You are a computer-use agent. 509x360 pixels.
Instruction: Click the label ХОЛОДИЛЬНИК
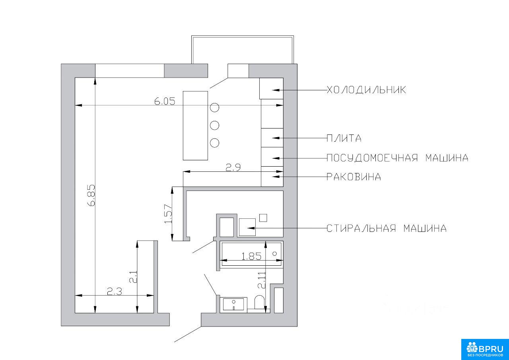[x=366, y=90]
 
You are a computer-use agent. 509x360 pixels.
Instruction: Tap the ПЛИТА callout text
[x=344, y=138]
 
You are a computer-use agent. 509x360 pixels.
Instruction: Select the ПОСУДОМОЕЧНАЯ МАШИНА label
[x=397, y=158]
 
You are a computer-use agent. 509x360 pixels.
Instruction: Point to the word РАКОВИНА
[x=354, y=177]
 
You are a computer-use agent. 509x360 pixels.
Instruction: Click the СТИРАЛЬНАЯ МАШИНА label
[x=387, y=228]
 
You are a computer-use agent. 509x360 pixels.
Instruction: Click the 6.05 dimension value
[x=165, y=101]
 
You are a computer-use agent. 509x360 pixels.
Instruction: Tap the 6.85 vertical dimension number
[x=91, y=195]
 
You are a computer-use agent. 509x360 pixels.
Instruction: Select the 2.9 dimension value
[x=233, y=167]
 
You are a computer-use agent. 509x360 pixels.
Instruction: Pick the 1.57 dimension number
[x=168, y=214]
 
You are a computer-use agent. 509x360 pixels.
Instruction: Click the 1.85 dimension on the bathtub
[x=251, y=257]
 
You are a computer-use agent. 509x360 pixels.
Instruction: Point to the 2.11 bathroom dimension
[x=262, y=280]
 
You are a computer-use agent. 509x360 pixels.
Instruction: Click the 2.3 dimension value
[x=115, y=291]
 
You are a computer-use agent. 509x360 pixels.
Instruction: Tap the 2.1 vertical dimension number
[x=133, y=276]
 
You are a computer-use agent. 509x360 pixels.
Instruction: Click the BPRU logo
[x=485, y=349]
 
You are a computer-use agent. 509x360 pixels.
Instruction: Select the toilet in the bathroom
[x=260, y=302]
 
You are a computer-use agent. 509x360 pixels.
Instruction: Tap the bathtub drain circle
[x=274, y=253]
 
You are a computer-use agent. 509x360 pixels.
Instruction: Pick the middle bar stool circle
[x=214, y=125]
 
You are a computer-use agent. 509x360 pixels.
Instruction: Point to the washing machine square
[x=247, y=227]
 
